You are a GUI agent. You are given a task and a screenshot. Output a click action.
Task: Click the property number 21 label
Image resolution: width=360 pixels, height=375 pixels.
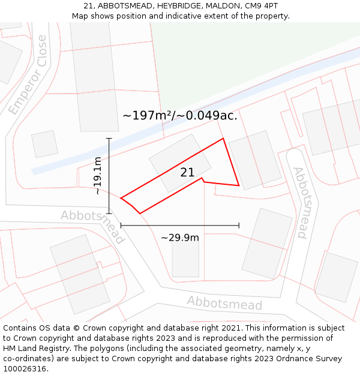click(187, 173)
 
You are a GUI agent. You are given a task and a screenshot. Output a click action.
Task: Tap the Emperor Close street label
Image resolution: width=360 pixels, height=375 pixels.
click(28, 75)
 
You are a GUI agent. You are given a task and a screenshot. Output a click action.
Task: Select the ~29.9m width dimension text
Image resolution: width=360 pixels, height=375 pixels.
click(180, 238)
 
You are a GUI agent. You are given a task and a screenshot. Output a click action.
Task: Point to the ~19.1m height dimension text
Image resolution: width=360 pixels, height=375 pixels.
click(98, 176)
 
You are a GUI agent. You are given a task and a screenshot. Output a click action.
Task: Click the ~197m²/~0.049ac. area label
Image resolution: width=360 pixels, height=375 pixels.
click(180, 115)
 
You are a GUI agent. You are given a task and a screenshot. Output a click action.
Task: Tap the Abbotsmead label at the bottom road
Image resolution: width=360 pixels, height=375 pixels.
click(224, 303)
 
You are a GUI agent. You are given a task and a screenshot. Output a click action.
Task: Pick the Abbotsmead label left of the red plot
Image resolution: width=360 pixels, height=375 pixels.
click(92, 226)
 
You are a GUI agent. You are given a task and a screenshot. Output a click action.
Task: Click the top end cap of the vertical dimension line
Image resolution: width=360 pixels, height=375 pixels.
click(109, 139)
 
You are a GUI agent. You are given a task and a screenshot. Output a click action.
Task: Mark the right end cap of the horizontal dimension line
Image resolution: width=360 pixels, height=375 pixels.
click(239, 225)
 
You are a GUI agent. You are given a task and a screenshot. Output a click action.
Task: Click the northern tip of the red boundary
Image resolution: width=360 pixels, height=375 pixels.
click(223, 139)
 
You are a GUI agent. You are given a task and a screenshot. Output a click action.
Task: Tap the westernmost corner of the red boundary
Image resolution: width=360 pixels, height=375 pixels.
click(121, 198)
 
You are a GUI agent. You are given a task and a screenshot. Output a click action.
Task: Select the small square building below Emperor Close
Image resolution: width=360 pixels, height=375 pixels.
click(45, 144)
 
